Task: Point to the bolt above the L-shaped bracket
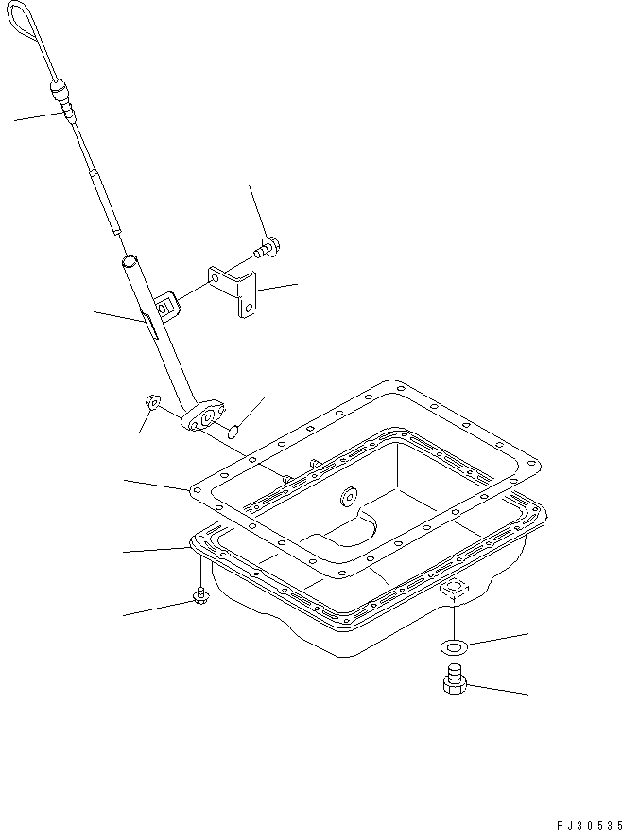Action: coord(268,247)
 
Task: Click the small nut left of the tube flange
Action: coord(151,404)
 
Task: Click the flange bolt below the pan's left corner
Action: coord(200,595)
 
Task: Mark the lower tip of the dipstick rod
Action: coord(115,229)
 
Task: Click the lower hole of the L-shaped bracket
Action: coord(247,309)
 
